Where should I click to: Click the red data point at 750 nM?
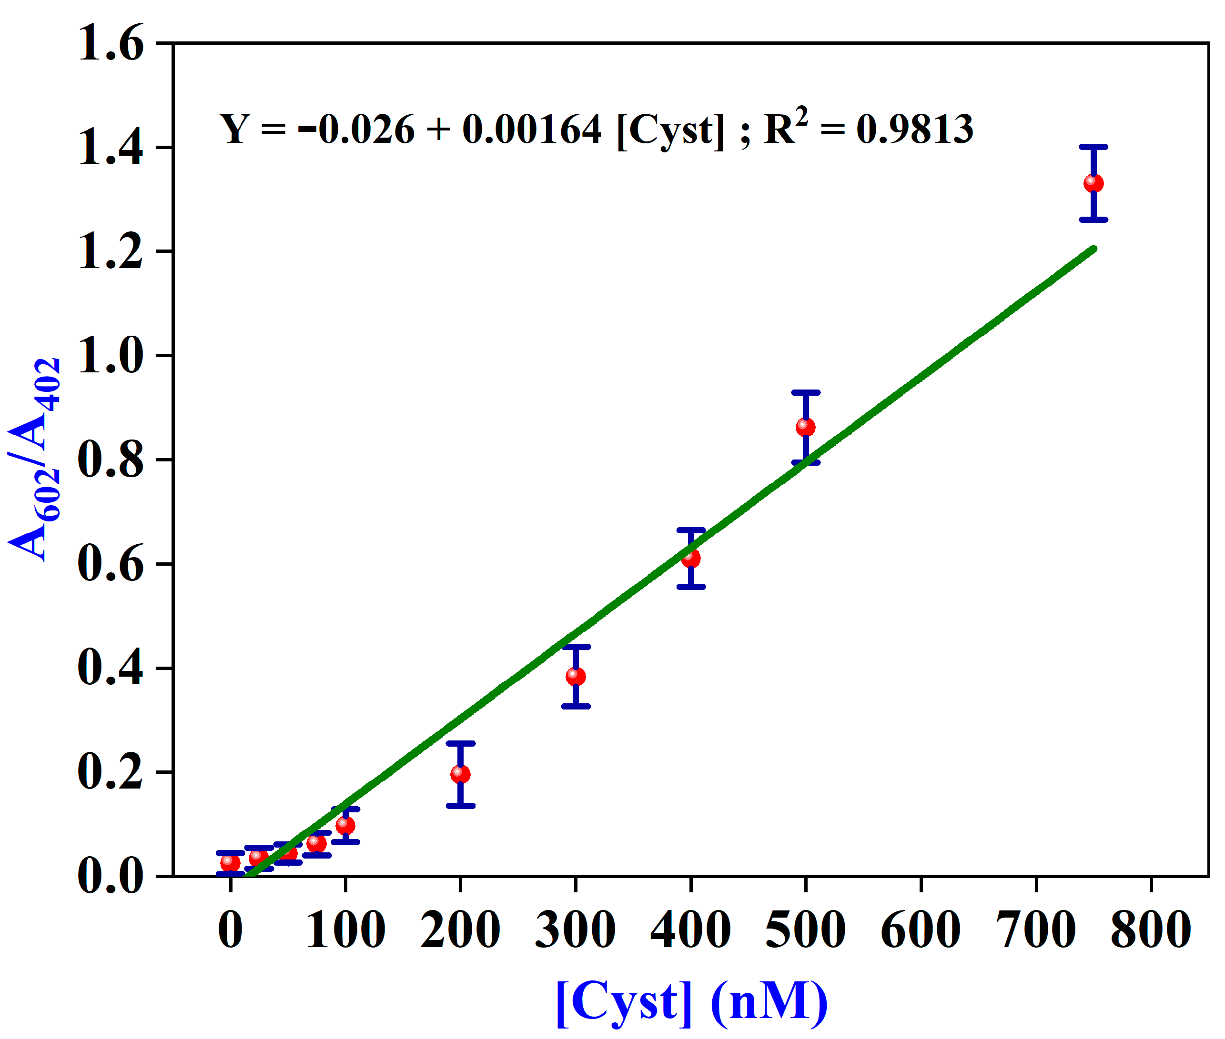coord(1093,183)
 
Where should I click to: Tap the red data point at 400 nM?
coord(690,558)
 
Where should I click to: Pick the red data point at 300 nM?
coord(576,676)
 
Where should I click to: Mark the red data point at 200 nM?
coord(460,773)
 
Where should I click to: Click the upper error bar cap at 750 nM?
coord(1093,147)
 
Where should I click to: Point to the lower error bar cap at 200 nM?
coord(460,806)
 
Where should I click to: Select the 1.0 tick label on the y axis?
coord(110,356)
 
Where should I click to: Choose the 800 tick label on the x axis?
coord(1150,930)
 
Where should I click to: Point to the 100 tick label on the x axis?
coord(345,930)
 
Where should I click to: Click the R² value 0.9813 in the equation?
coord(914,129)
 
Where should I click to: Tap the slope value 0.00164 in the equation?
coord(531,129)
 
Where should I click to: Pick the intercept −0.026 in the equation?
coord(356,129)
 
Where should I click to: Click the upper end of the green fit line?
coord(1093,249)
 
